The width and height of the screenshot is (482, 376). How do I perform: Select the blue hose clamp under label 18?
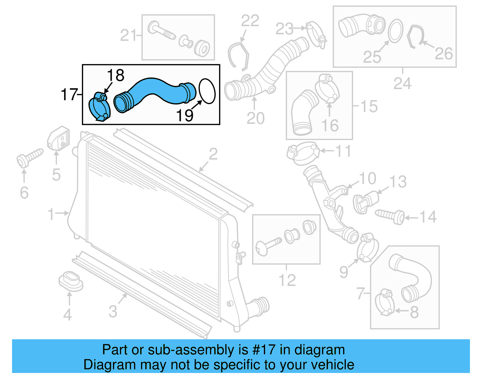coord(99,108)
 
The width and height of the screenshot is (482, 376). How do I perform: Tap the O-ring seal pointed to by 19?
coord(207,91)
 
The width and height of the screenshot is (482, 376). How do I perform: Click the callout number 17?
coord(69,95)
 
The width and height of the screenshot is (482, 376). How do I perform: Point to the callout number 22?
coord(250,21)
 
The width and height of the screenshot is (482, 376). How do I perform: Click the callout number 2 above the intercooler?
coord(213,154)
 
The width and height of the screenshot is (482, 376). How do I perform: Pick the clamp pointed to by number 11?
coord(303,153)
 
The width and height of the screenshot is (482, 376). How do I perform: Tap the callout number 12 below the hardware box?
coord(287,280)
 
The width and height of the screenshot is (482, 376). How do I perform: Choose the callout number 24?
coord(402,83)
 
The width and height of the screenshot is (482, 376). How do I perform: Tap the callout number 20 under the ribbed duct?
coord(255,118)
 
